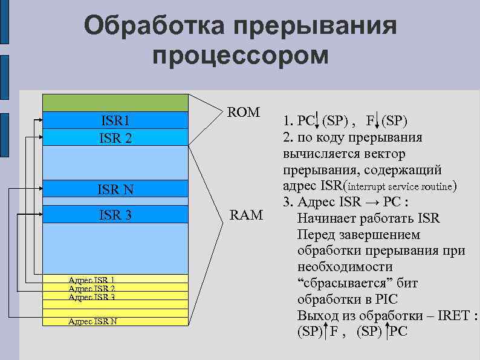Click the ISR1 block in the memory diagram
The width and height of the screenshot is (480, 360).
(x=115, y=120)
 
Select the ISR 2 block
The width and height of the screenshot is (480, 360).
(x=115, y=137)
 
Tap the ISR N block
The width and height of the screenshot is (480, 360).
(x=115, y=190)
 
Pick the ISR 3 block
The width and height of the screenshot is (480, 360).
(x=115, y=215)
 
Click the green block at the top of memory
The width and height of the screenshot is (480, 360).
(x=115, y=103)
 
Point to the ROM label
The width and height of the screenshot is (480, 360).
(x=243, y=113)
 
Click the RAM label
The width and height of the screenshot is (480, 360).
(x=245, y=214)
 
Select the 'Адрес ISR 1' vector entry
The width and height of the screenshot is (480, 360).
(x=92, y=280)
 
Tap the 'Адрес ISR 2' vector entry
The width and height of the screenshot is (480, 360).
(x=92, y=289)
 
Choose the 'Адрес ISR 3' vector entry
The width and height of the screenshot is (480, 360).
(x=92, y=297)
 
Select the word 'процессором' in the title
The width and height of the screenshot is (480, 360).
(x=241, y=56)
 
